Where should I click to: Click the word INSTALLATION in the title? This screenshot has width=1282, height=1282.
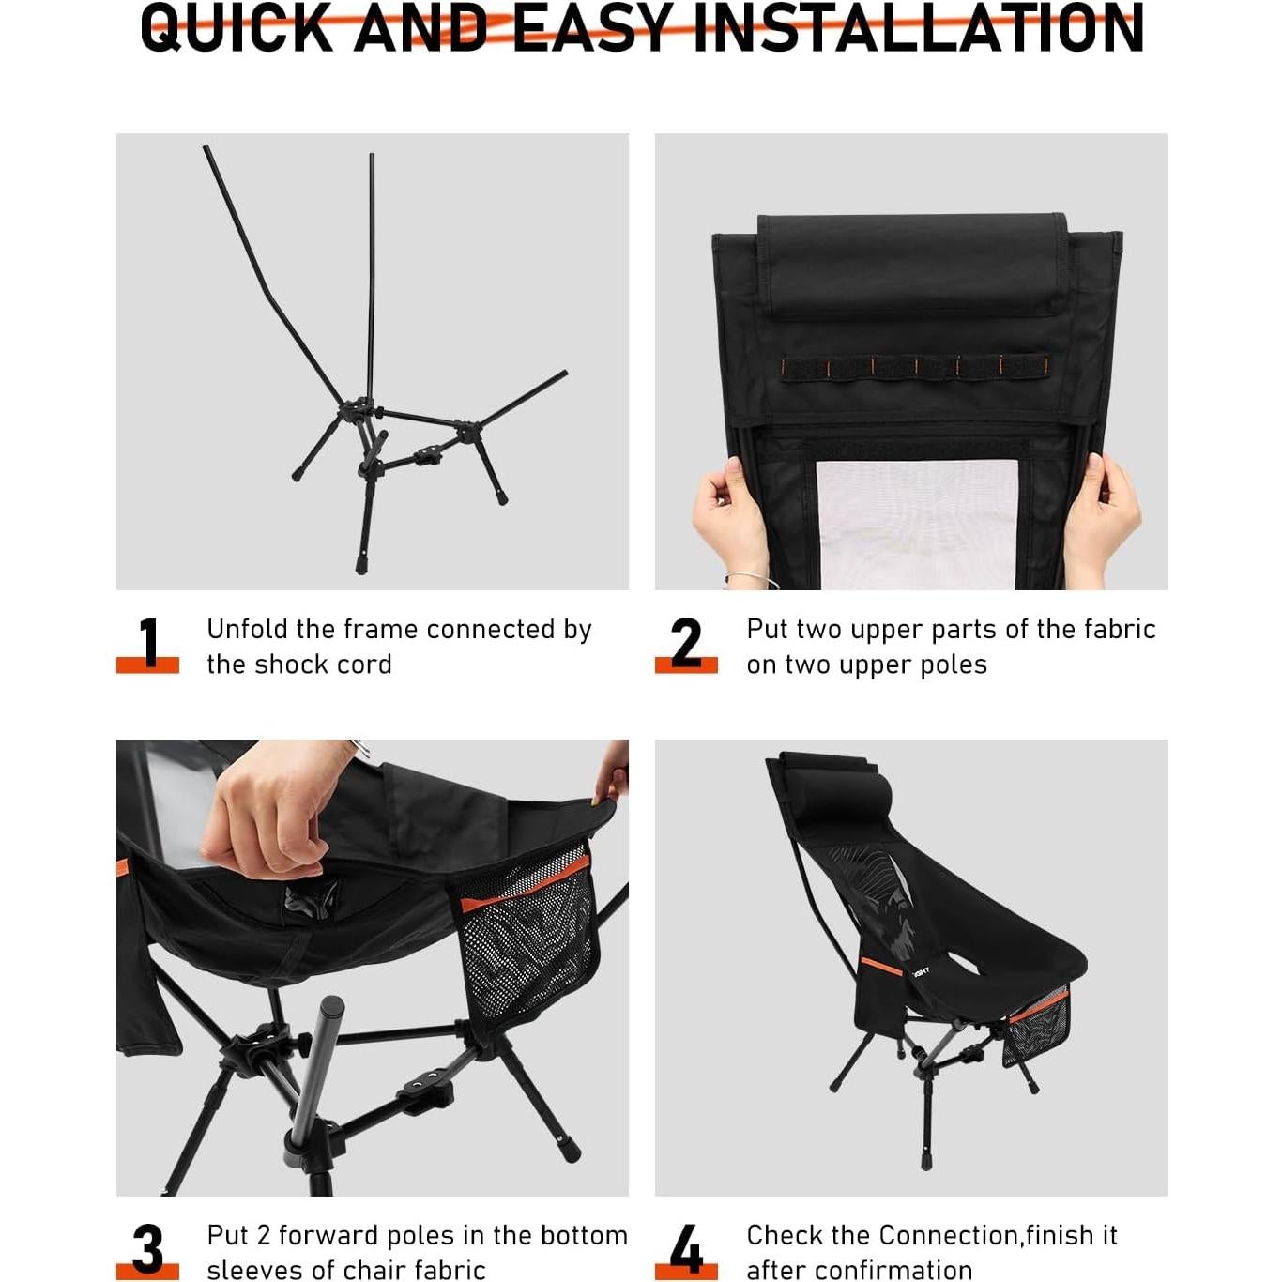918,28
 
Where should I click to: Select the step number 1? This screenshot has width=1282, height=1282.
148,643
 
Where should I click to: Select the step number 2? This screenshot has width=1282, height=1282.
686,643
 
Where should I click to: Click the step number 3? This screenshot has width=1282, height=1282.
148,1249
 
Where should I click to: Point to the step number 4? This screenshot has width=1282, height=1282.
686,1249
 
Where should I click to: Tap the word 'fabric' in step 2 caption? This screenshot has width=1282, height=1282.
1117,629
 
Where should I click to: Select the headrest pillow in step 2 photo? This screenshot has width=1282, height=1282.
912,265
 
